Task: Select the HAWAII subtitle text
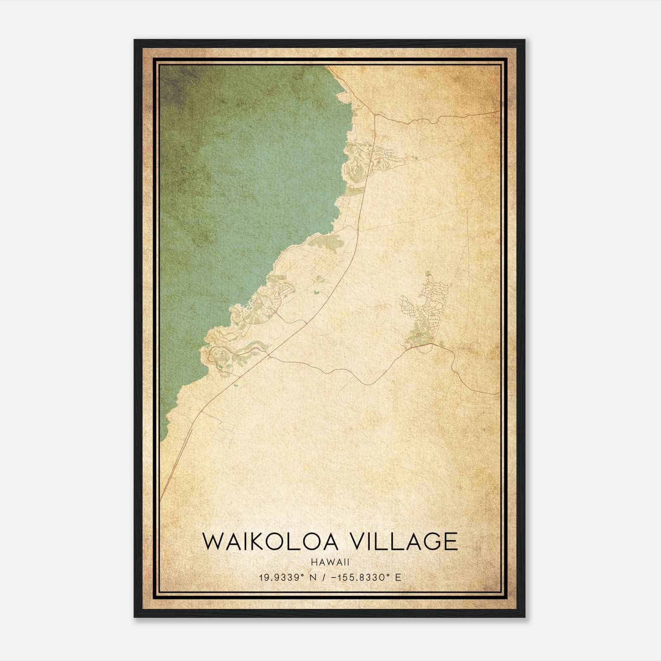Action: (330, 562)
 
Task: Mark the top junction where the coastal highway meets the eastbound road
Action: (375, 115)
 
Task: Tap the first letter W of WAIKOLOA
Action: (212, 542)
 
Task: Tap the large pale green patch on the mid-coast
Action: (326, 242)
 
